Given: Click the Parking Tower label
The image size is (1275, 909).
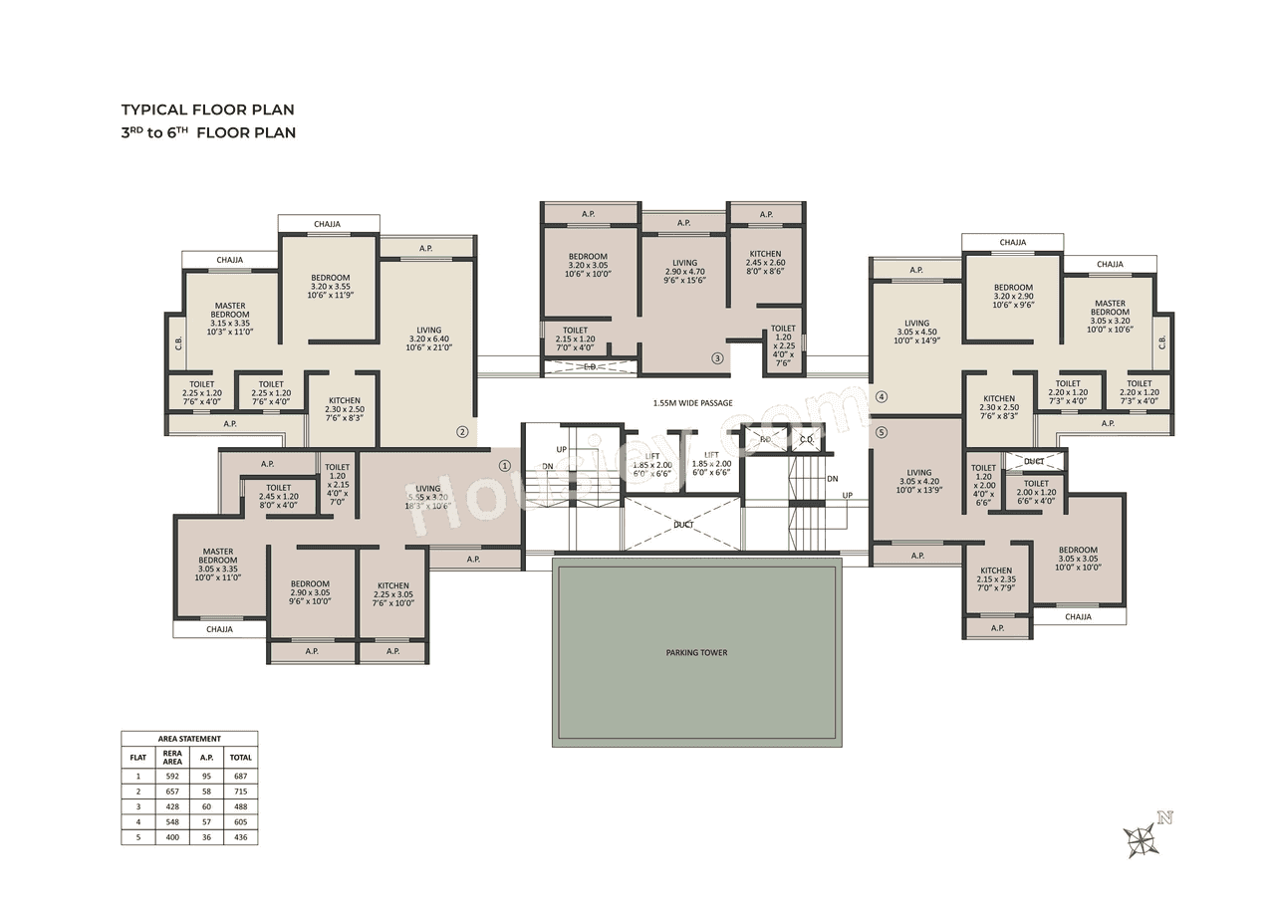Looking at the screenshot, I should pos(696,653).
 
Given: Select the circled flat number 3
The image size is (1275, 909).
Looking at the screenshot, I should pos(716,358).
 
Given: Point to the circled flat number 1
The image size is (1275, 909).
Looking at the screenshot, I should pos(504,465).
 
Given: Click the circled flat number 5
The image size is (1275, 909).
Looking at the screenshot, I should pos(881,432).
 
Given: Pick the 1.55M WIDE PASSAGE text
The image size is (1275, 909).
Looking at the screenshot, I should pos(692,403).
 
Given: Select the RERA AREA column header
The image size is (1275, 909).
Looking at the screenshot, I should pos(172,757).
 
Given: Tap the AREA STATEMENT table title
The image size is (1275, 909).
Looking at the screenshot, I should pos(189,739).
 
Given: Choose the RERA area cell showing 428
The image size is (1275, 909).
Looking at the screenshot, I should pos(172,805).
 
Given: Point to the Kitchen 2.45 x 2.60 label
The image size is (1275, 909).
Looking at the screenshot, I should pos(765,263).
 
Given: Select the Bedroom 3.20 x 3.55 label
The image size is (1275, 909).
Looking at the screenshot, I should pos(330,286).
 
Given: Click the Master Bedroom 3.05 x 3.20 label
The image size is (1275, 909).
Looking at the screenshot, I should pos(1110,314).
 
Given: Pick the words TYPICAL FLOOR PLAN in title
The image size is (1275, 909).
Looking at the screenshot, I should pos(207,110).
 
